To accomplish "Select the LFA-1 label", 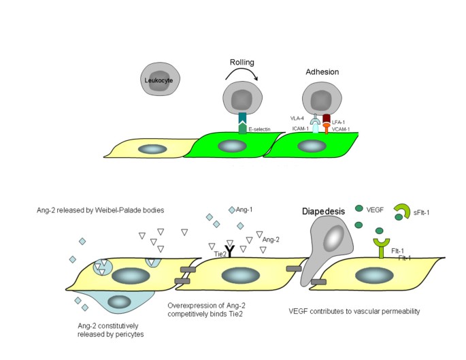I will tap(339, 121).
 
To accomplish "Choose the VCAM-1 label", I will tap(341, 129).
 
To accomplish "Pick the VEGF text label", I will tap(376, 210).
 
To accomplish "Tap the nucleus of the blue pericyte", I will tap(120, 301).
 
